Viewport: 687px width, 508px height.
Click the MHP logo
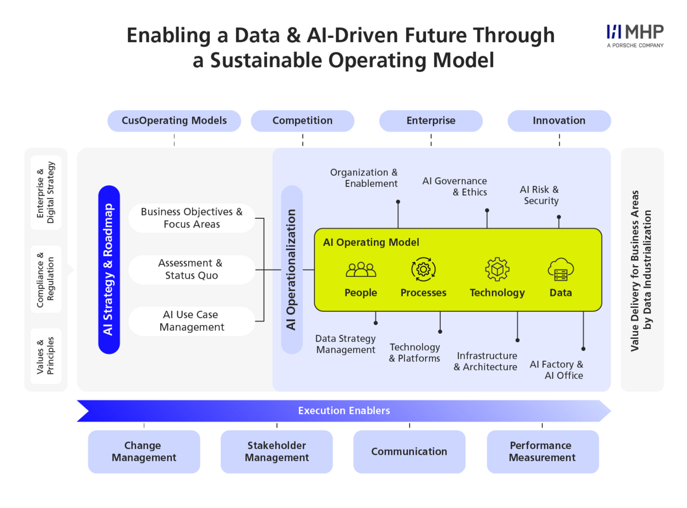point(635,36)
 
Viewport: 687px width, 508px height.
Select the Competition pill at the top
point(302,120)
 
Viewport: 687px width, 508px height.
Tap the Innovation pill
point(559,120)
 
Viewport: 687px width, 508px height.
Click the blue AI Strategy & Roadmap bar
point(109,269)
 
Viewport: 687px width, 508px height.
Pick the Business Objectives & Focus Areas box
point(192,218)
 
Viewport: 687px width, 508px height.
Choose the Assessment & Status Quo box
point(192,269)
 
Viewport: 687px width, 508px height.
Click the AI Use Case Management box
point(192,321)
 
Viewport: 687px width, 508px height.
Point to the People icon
point(361,269)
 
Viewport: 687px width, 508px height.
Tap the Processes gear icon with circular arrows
point(423,269)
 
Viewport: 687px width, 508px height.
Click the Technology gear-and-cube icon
point(497,269)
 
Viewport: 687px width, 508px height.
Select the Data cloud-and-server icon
point(560,269)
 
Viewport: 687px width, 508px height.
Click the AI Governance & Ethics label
point(454,186)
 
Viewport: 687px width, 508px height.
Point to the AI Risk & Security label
point(539,195)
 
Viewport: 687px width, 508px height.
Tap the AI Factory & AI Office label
point(557,369)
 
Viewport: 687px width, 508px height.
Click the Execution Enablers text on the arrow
point(344,411)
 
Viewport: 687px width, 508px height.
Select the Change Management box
point(144,451)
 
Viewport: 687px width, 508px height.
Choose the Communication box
point(409,451)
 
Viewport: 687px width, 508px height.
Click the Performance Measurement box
point(543,451)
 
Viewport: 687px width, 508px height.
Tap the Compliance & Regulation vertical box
point(46,279)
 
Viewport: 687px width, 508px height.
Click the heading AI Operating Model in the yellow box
point(371,242)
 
